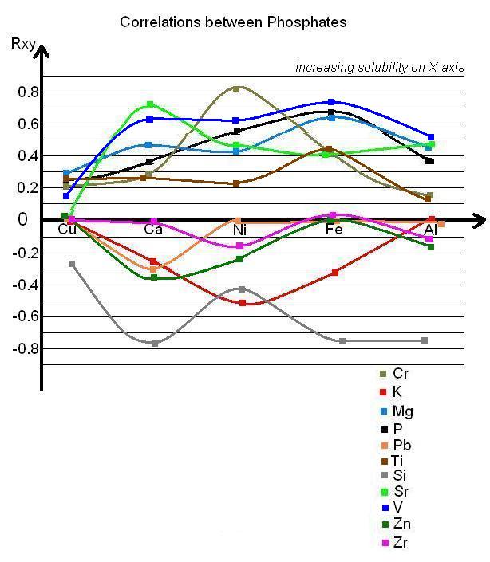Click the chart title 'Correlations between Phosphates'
[233, 22]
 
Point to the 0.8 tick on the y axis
[26, 92]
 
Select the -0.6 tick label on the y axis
[24, 316]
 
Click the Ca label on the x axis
[154, 230]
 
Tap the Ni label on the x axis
[239, 230]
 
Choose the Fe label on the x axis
[334, 230]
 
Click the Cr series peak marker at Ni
[236, 88]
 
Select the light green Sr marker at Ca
[149, 104]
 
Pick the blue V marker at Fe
[332, 102]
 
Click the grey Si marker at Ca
[155, 343]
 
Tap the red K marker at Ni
[243, 303]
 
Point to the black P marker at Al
[430, 161]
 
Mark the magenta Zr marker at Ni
[238, 246]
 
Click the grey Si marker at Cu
[72, 264]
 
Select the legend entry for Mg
[396, 411]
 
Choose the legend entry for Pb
[394, 445]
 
